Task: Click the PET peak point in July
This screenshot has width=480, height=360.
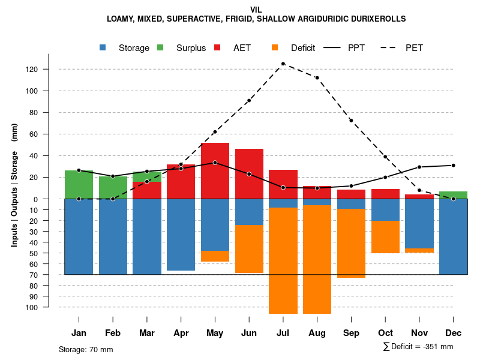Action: (283, 64)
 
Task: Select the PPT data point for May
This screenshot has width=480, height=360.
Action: (215, 163)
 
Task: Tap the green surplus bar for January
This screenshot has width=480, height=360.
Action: (79, 184)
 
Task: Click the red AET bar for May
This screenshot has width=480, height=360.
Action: (215, 171)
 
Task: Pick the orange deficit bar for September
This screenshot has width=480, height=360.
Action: (351, 243)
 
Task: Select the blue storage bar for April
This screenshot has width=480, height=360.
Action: (181, 235)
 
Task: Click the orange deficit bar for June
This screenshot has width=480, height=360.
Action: (249, 249)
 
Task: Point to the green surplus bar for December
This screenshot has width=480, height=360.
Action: (453, 195)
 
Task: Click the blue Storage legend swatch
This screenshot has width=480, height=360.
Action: (103, 48)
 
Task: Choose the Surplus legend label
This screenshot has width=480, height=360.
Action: (191, 48)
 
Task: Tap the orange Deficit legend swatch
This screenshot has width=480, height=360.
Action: (275, 48)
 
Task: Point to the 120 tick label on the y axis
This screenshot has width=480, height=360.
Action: (49, 70)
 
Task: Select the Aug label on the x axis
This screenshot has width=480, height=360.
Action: (317, 333)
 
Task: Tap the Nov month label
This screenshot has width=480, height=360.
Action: (419, 333)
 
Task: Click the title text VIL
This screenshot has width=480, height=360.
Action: (256, 10)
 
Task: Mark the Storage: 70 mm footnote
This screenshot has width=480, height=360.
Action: (86, 349)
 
